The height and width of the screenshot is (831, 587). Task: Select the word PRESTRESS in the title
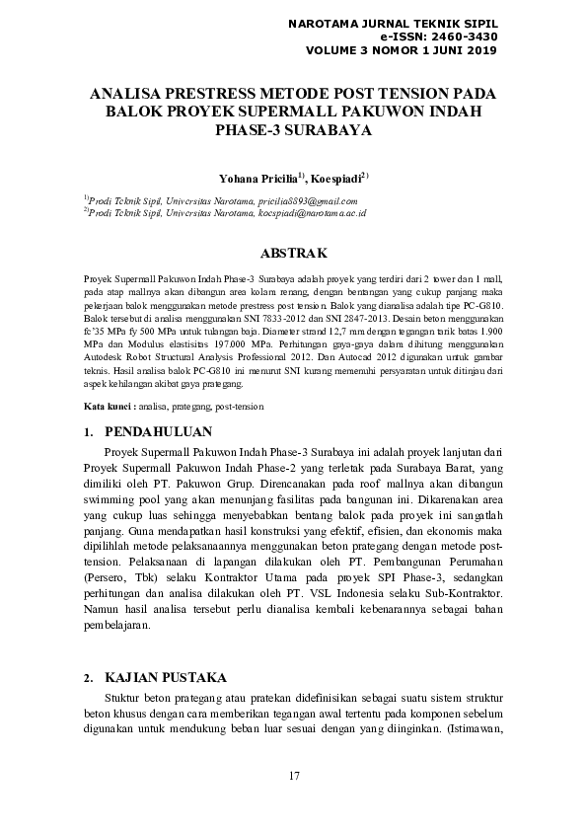click(x=218, y=93)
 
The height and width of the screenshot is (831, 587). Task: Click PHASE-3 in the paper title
click(x=252, y=128)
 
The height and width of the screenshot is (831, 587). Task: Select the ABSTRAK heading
click(x=293, y=254)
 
